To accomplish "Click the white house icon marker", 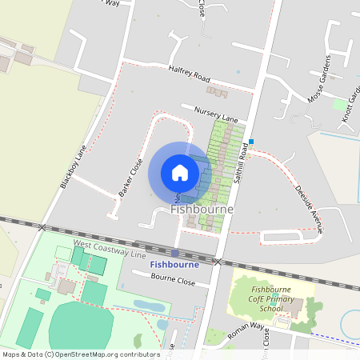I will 180,172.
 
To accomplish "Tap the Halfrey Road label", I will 189,74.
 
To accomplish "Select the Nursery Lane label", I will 210,112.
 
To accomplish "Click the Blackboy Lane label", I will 73,166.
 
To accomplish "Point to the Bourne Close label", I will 174,281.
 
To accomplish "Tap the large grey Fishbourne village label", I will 202,210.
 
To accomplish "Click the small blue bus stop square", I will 250,142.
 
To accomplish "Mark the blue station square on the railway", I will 174,254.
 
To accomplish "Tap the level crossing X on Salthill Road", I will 217,261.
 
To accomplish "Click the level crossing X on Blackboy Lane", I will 42,227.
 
